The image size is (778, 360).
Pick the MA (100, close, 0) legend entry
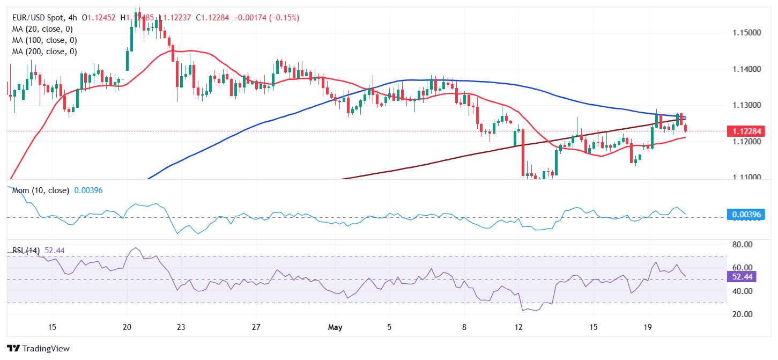click(x=43, y=40)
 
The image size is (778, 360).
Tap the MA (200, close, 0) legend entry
click(x=43, y=52)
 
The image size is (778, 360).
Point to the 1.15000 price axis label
click(x=747, y=33)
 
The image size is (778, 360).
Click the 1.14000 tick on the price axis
click(x=747, y=69)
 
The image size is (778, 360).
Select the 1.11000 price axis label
click(x=747, y=178)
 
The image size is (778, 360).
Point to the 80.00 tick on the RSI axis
click(x=743, y=245)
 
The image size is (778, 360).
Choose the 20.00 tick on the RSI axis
click(x=743, y=314)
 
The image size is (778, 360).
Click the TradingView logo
click(x=39, y=348)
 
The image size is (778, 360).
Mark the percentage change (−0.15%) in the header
click(x=281, y=18)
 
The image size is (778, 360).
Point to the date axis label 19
click(x=647, y=327)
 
